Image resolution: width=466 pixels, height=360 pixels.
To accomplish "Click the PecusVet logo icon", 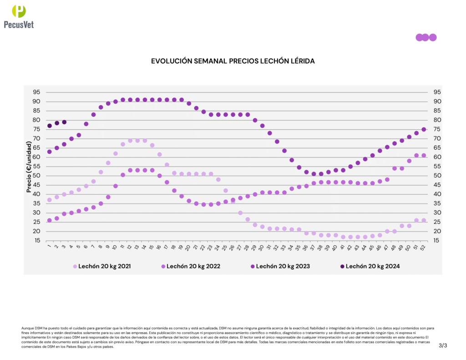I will [19, 11].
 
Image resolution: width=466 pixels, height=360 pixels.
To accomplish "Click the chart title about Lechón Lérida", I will [233, 61].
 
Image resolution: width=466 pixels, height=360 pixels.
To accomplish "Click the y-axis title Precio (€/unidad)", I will [29, 167].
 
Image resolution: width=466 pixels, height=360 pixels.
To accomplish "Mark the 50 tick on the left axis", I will [36, 176].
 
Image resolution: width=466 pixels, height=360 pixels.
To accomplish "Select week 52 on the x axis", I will [424, 247].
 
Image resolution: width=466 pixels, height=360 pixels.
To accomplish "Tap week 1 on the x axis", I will [49, 247].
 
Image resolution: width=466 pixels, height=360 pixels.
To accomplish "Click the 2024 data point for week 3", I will [64, 122].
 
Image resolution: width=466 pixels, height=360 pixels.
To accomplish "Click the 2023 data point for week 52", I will [424, 129].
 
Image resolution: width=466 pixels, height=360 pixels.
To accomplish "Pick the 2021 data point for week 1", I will [49, 200].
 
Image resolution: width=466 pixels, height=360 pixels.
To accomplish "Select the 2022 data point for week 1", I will [49, 220].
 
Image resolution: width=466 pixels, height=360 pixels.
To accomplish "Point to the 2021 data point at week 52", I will [424, 220].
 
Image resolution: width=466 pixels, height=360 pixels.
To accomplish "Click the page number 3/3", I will [443, 346].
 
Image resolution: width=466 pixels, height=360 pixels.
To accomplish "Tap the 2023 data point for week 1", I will [49, 152].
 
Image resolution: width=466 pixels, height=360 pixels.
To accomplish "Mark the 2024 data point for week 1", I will [49, 126].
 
